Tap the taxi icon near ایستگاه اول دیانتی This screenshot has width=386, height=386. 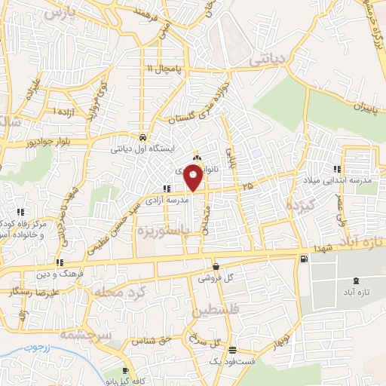[143, 137]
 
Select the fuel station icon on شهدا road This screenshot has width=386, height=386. [303, 259]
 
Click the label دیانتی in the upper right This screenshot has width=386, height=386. [270, 58]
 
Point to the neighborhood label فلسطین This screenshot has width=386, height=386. [216, 310]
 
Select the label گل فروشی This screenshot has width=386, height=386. [216, 278]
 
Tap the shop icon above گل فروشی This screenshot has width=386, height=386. [216, 266]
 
